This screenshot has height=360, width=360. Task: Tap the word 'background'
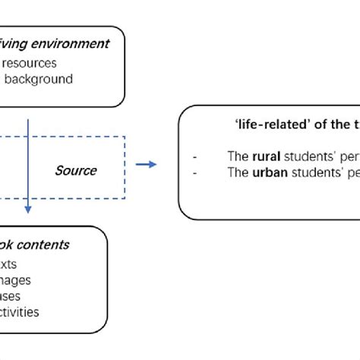(x=37, y=79)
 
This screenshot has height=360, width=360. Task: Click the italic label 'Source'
(x=75, y=170)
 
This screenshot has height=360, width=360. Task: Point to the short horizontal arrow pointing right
(x=147, y=163)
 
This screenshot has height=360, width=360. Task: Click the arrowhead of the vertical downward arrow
(x=28, y=208)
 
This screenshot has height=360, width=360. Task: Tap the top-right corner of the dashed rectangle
(x=125, y=137)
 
